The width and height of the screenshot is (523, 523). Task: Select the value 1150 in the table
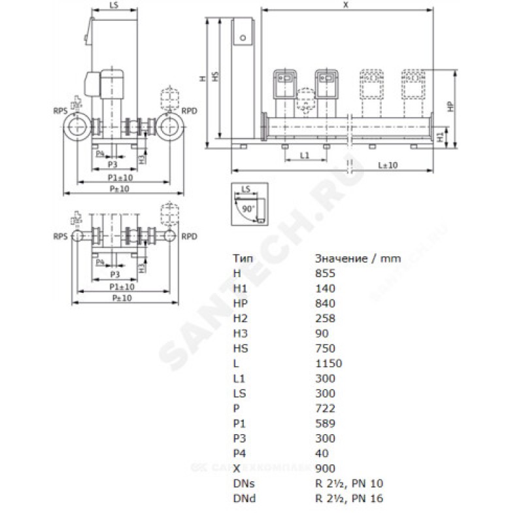328,363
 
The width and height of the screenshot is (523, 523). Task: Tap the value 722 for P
324,409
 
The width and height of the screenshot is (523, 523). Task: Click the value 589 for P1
324,424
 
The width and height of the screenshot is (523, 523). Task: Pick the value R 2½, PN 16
349,499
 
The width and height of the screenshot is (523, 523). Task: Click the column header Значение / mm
358,258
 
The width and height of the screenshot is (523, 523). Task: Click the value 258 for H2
324,318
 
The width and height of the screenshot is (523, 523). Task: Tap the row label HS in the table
239,348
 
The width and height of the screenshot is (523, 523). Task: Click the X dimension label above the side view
345,5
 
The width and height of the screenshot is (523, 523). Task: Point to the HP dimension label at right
450,106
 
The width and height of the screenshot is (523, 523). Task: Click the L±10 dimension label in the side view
388,165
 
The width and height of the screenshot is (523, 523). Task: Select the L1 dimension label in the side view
305,155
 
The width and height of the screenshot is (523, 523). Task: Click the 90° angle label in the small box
247,207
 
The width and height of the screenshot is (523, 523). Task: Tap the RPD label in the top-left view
190,110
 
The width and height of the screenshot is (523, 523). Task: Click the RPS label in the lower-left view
61,236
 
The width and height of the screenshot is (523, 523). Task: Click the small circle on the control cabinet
243,37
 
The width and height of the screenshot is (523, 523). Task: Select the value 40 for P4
320,454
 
